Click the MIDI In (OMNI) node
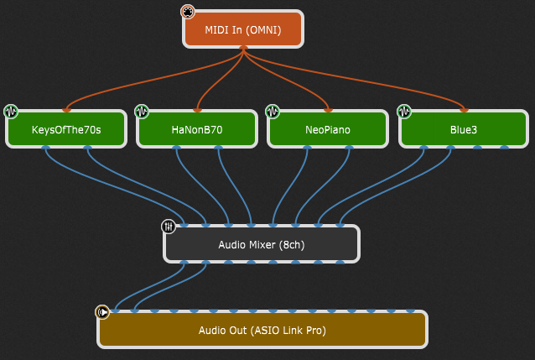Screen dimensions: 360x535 click(242, 29)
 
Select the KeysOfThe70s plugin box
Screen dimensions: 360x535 click(66, 130)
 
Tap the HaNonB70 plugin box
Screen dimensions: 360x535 click(197, 130)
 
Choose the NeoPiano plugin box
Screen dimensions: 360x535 click(328, 130)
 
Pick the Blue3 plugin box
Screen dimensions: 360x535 click(463, 130)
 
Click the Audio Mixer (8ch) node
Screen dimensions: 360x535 click(261, 245)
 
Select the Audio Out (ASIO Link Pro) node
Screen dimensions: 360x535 click(262, 330)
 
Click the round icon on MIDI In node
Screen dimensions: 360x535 click(188, 12)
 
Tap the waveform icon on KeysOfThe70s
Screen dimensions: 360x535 click(11, 111)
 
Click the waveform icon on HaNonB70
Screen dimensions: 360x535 click(142, 111)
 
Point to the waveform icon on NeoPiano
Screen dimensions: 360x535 click(273, 111)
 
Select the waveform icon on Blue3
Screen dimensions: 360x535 click(404, 111)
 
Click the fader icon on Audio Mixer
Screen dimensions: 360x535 click(168, 227)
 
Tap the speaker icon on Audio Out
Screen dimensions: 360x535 click(102, 312)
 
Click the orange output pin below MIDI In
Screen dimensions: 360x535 click(243, 49)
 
